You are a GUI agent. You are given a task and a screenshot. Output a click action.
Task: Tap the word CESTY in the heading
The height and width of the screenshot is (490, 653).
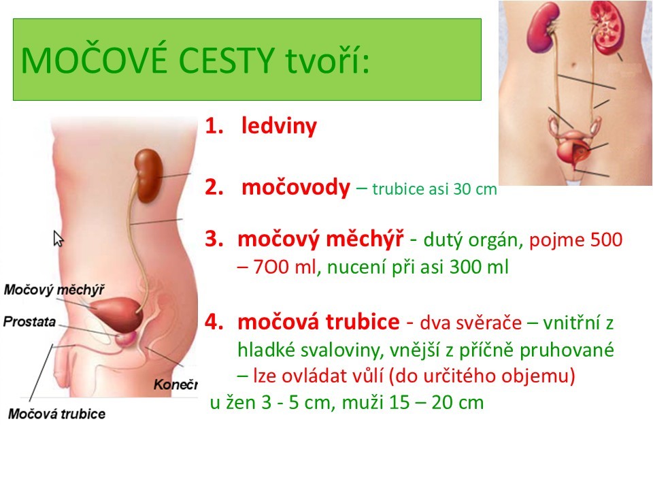pos(227,61)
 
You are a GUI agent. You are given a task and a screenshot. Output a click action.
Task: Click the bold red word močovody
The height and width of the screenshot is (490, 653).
pos(296,188)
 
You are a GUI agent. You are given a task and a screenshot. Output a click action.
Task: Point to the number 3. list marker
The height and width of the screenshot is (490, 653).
pos(214,239)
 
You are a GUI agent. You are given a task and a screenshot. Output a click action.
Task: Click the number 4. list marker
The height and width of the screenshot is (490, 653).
pos(214,322)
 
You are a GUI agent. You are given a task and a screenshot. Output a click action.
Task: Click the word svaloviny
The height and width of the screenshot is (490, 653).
pos(341,350)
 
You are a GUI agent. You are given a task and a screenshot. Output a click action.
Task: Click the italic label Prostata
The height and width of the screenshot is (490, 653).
pos(29,322)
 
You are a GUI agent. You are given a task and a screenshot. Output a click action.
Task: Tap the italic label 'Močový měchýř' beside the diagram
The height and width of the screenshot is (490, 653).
pos(54,290)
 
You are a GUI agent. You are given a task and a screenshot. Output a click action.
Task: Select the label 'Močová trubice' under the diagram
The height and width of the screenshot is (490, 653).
pos(56,414)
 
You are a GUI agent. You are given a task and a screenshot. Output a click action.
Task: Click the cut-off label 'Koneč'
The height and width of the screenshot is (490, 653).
pos(175,384)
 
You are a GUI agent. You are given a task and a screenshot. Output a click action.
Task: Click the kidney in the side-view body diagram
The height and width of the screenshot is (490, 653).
pos(148,176)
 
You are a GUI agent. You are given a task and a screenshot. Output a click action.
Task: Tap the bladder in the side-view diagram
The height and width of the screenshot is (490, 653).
pos(118,314)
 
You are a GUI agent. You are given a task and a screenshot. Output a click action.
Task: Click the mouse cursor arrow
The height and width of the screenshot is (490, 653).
pos(58,239)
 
